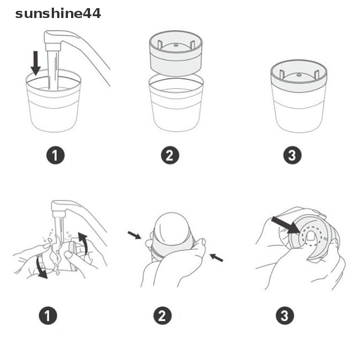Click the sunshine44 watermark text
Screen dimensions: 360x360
(58, 13)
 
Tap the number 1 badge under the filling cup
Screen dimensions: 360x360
(55, 156)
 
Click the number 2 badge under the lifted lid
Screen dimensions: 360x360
(170, 156)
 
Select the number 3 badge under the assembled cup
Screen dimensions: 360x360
(292, 156)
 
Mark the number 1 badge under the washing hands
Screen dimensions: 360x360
(48, 316)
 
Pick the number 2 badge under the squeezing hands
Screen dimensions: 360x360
(163, 316)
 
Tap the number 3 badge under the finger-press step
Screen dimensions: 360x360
(284, 316)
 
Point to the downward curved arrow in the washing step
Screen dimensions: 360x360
(41, 268)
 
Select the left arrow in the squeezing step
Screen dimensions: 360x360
(134, 234)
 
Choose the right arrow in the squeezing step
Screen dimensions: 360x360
(216, 258)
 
